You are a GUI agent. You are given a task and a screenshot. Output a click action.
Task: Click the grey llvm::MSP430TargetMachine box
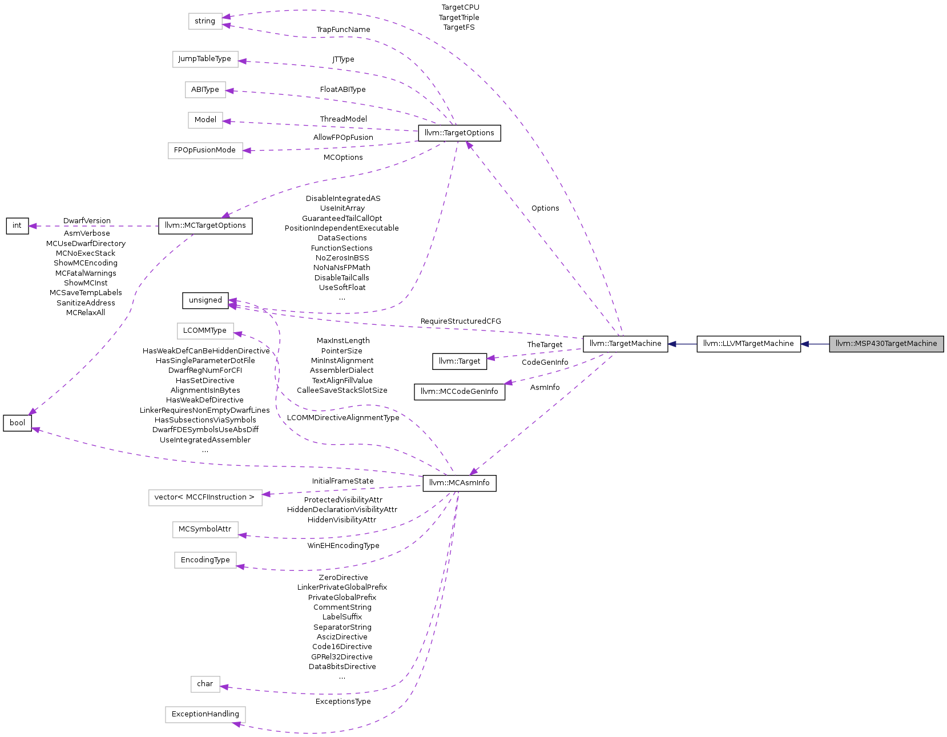point(886,344)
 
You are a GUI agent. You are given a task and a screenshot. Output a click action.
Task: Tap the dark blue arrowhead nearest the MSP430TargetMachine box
point(804,344)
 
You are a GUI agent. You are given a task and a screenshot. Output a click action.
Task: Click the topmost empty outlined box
point(205,21)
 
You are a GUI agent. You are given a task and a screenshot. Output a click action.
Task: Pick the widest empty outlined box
point(205,498)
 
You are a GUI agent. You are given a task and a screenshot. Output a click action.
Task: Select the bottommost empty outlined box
point(205,715)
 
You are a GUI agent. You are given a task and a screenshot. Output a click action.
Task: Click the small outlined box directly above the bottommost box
point(205,684)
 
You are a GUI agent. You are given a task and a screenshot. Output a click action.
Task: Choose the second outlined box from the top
point(205,59)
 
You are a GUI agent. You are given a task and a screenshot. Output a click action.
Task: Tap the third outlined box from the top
point(205,90)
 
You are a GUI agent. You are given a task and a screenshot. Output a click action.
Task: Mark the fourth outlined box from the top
point(205,120)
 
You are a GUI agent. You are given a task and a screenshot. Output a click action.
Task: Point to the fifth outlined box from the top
point(205,151)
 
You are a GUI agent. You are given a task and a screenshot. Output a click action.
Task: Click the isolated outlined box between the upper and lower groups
point(205,331)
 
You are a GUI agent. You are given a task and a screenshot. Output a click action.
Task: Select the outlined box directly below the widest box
point(205,530)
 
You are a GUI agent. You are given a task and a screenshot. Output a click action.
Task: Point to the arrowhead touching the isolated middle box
point(238,333)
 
